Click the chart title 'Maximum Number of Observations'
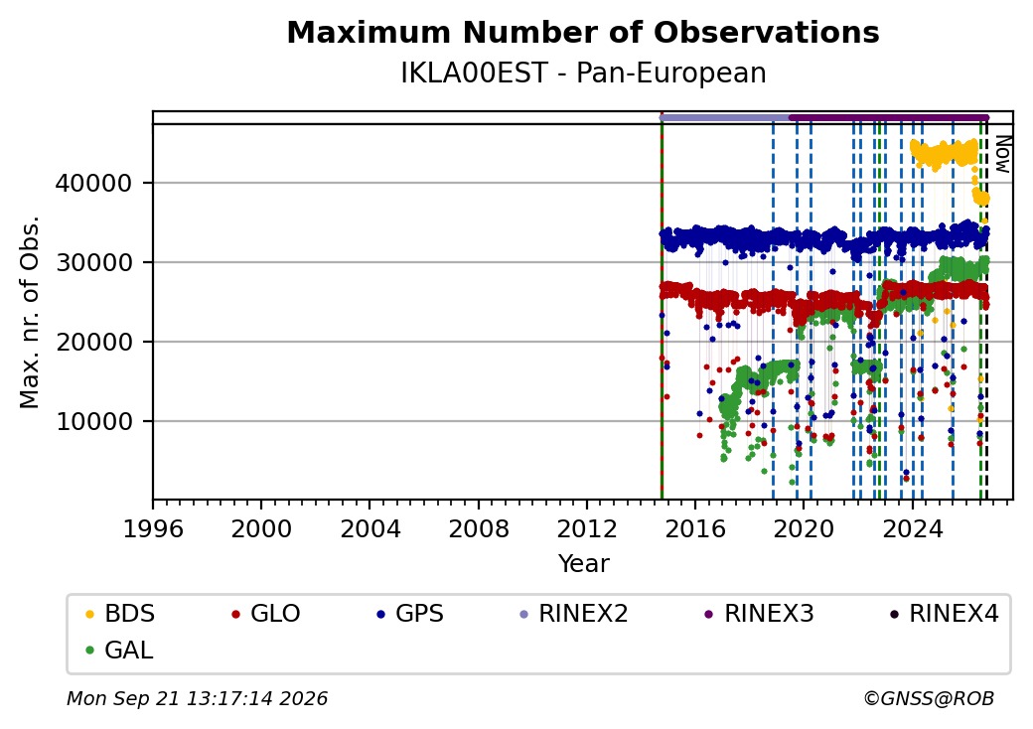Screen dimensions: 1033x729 583,32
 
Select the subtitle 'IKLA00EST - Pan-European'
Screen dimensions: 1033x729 583,73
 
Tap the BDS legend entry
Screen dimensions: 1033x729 120,614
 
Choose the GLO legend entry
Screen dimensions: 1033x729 266,614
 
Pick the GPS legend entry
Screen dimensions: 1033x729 410,614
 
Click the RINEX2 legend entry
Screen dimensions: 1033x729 574,614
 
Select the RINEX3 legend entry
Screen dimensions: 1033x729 760,614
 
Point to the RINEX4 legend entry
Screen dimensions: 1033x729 945,614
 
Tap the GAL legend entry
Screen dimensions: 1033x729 120,650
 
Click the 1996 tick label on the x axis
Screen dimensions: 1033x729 153,528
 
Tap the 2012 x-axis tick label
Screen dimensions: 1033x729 586,528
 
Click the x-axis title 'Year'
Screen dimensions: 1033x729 583,564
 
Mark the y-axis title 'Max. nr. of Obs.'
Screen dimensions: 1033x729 30,312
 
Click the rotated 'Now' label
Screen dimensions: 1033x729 1002,154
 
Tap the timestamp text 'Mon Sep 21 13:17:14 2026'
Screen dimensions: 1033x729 198,698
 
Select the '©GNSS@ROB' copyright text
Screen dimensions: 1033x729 929,698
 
